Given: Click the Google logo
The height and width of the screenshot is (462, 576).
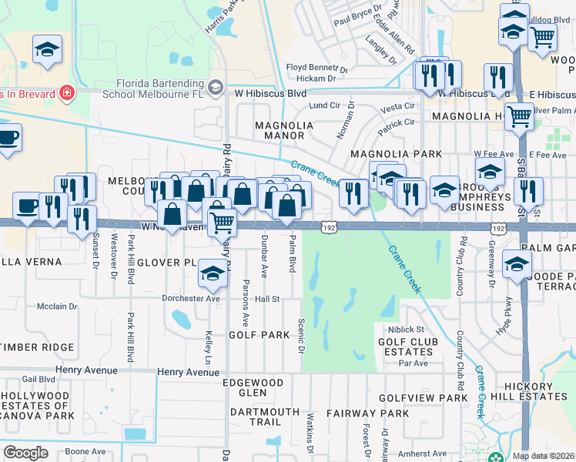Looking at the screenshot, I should pos(26,453).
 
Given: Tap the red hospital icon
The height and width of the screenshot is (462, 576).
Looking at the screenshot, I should pos(68,94).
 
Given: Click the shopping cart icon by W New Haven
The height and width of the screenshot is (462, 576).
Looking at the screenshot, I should pos(222,222).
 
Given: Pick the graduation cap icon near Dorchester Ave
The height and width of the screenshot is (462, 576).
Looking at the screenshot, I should pos(213,273).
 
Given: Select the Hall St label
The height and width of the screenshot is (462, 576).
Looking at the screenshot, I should pos(267,299).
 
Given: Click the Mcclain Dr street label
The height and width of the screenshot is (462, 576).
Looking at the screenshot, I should pos(58,306).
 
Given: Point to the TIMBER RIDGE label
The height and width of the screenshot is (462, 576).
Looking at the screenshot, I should pos(37,347).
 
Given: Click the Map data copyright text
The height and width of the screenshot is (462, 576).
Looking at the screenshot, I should pos(542,456).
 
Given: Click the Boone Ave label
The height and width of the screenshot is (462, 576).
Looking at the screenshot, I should pos(85,451).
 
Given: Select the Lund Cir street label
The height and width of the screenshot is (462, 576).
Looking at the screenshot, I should pos(324,105).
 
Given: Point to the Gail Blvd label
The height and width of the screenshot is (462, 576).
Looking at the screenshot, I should pos(39,379).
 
